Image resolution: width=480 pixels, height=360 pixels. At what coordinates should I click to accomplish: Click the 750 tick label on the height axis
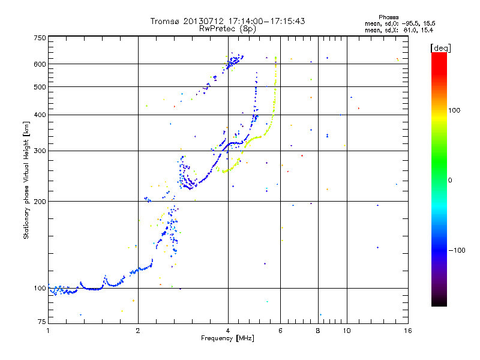40,37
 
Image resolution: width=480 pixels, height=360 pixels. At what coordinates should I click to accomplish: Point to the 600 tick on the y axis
40,64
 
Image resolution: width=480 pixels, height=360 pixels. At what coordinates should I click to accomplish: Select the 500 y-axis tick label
40,87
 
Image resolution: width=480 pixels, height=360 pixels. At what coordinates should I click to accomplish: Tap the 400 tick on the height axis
40,115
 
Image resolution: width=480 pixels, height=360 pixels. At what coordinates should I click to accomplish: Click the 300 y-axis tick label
40,151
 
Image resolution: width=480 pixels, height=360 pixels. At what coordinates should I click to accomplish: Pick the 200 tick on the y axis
40,201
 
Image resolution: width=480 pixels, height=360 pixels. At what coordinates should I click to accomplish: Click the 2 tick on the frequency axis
138,331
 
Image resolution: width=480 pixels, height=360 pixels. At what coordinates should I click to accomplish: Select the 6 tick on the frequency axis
281,331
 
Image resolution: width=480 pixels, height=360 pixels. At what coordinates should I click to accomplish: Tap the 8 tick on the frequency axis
318,331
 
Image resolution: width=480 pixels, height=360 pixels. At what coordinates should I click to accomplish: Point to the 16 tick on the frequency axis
407,331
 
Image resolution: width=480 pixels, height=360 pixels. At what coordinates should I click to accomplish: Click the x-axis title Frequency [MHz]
227,338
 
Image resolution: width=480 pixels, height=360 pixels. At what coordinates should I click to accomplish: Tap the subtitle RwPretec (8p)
227,28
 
